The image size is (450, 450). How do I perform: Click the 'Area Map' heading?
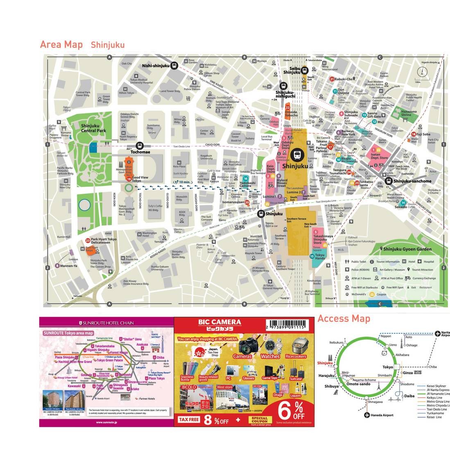[61, 45]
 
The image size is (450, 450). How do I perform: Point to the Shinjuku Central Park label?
[93, 128]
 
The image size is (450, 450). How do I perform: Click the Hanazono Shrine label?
[405, 113]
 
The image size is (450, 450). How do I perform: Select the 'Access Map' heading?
[344, 319]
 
